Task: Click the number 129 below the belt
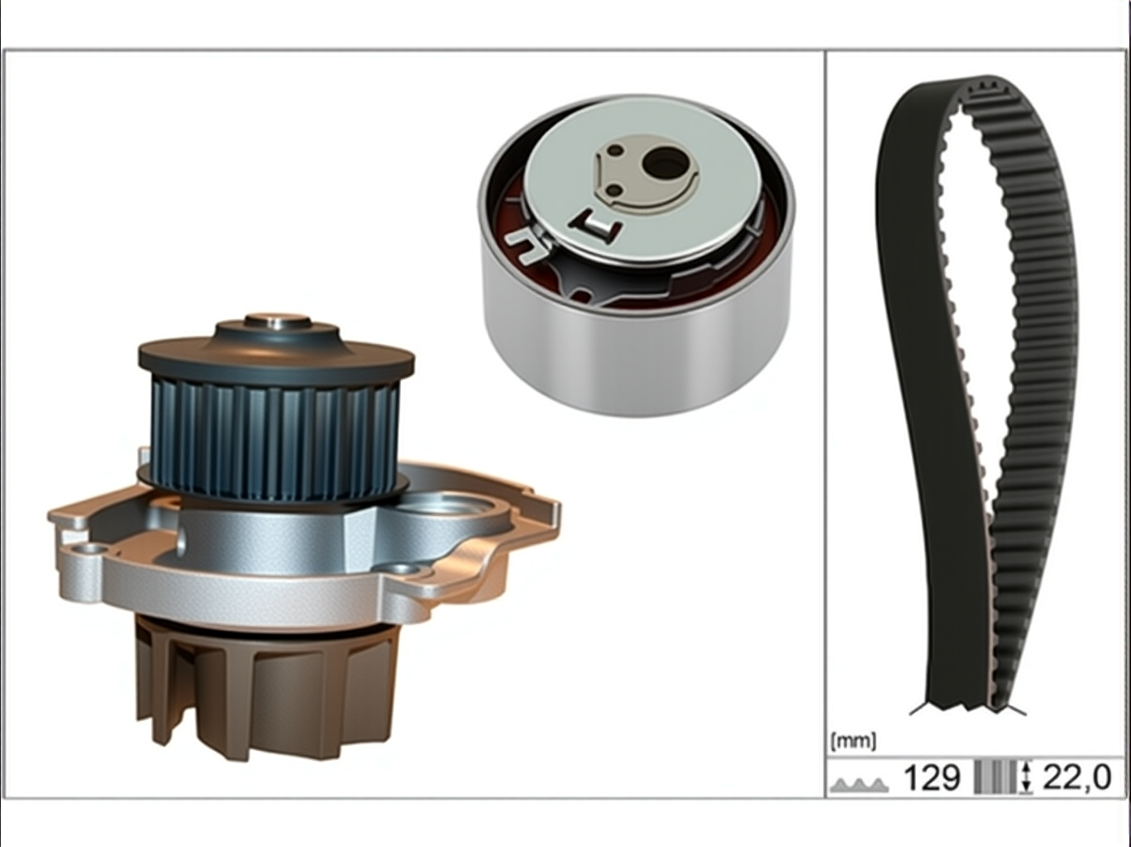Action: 933,778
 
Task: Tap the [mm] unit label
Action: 853,741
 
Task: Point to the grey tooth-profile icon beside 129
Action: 860,784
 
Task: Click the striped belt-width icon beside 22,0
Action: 996,778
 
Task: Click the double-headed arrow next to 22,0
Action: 1027,778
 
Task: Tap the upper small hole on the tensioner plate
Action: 616,151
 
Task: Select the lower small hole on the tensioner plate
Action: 613,192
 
